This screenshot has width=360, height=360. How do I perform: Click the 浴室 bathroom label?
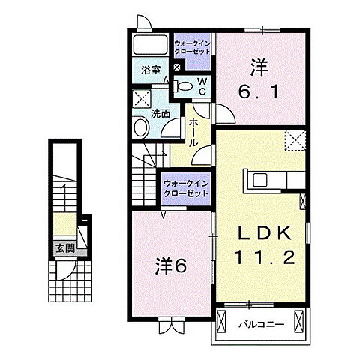tap(151, 70)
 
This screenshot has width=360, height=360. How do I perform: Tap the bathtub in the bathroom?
tap(150, 45)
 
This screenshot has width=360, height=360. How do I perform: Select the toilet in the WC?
tap(183, 85)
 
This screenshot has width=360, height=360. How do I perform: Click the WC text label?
tap(202, 86)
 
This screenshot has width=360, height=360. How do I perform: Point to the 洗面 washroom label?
tap(160, 114)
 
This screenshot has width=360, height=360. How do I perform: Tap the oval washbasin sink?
tap(141, 127)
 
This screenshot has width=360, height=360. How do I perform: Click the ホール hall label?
tap(193, 133)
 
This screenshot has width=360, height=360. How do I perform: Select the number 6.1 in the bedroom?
tap(259, 92)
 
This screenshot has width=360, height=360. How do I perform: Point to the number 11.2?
tap(265, 257)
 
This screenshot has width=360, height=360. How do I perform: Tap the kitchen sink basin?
tap(260, 180)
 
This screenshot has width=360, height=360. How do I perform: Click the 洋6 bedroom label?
tap(171, 265)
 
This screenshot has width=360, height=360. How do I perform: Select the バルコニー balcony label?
tap(261, 325)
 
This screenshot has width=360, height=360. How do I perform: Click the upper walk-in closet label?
tap(192, 48)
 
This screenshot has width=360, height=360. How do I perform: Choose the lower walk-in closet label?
tap(186, 189)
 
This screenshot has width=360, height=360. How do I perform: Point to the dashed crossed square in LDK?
tap(295, 140)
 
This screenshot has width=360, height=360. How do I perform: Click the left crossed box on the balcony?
tap(221, 321)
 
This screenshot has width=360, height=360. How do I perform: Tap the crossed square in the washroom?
tap(142, 98)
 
